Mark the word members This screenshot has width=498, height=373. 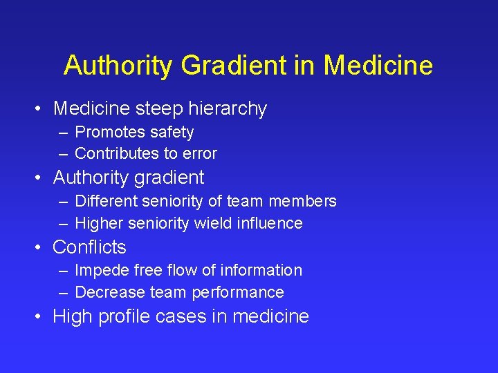306,201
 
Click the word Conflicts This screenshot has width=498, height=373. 90,247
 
